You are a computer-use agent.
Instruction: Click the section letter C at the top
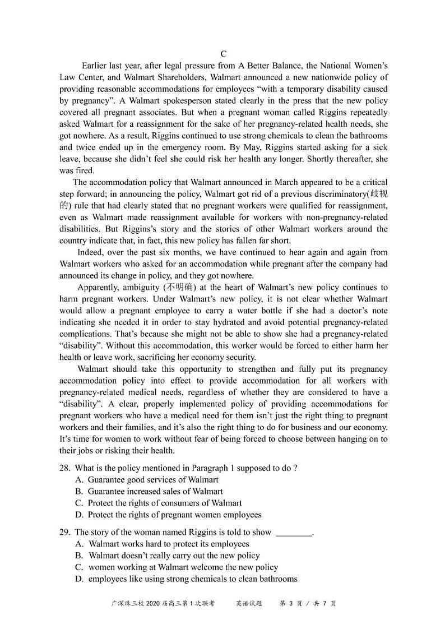pyautogui.click(x=223, y=54)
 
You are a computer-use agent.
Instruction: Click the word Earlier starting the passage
pyautogui.click(x=96, y=66)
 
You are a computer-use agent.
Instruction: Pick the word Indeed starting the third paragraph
pyautogui.click(x=90, y=252)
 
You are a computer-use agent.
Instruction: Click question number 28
pyautogui.click(x=64, y=468)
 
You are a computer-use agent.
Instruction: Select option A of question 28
pyautogui.click(x=79, y=479)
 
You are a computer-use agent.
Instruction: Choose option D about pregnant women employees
pyautogui.click(x=79, y=515)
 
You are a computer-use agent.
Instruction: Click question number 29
pyautogui.click(x=64, y=532)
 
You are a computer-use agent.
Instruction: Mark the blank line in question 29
pyautogui.click(x=294, y=533)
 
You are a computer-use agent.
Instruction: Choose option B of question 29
pyautogui.click(x=79, y=556)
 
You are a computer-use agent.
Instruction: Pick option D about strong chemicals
pyautogui.click(x=79, y=579)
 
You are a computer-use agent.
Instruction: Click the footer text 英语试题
pyautogui.click(x=248, y=604)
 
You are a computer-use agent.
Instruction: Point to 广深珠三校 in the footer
pyautogui.click(x=128, y=604)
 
